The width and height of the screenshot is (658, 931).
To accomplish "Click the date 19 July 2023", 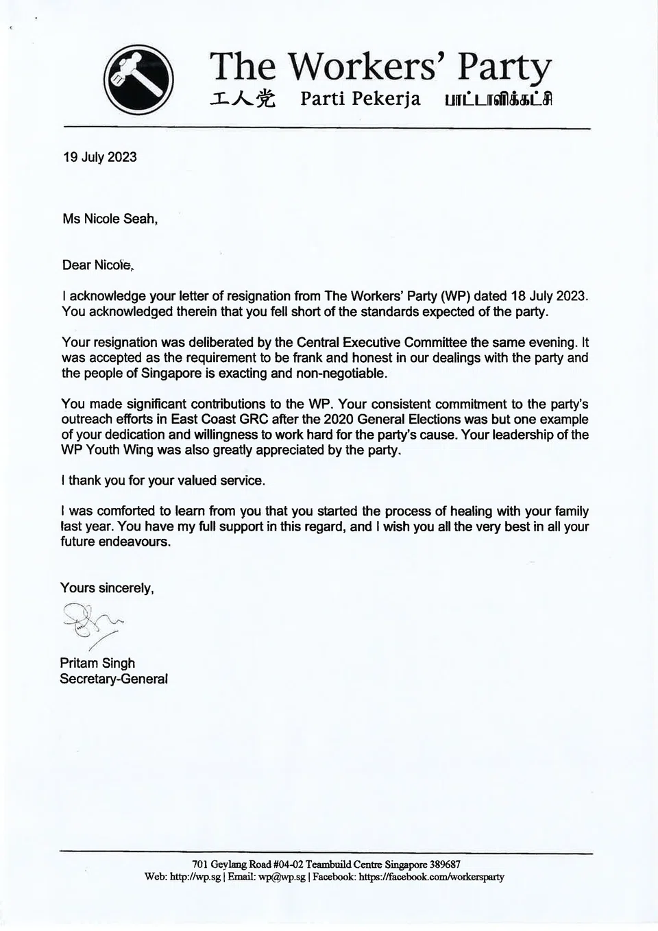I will [x=99, y=157].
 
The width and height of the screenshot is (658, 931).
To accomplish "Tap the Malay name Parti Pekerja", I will [x=361, y=99].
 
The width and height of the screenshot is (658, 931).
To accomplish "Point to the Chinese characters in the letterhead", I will [x=243, y=99].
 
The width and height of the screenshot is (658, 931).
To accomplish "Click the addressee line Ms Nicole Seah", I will [x=110, y=219].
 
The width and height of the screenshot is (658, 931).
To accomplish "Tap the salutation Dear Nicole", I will [x=97, y=265].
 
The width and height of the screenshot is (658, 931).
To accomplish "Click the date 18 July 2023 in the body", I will [x=549, y=296].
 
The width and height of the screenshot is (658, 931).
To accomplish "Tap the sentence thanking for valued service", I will [x=162, y=481].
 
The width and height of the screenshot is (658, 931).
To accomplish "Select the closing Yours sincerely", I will [x=107, y=588].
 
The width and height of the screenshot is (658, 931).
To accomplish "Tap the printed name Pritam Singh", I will [x=97, y=663].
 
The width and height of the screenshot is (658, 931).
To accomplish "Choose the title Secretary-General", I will [x=114, y=679].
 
